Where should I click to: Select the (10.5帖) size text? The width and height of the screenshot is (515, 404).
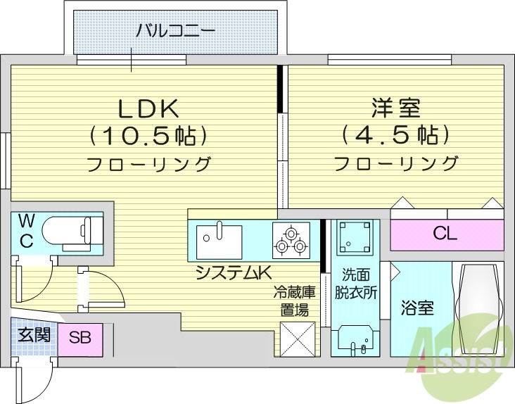148,134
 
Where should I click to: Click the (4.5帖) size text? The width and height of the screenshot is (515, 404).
395,134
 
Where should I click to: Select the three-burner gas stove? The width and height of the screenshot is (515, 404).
291,240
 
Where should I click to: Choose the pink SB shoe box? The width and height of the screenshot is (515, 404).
80,337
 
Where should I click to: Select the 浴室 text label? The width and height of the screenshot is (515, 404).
417,308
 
